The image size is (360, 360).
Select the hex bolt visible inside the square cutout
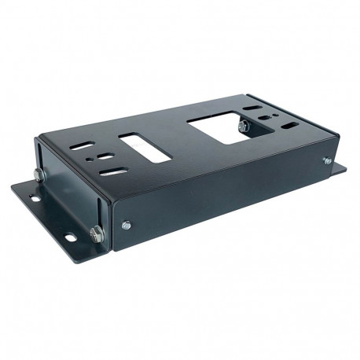point(244,126)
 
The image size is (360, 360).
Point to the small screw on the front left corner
point(126,226)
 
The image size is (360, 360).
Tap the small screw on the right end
point(327,160)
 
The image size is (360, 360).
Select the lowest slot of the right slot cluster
point(289,125)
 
